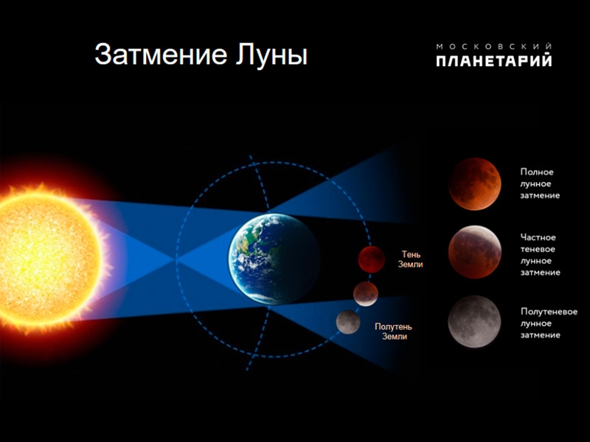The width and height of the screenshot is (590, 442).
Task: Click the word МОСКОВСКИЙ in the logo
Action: pyautogui.click(x=493, y=46)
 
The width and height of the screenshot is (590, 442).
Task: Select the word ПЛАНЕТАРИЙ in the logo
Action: pyautogui.click(x=493, y=61)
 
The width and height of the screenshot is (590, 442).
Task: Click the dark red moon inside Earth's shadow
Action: pyautogui.click(x=371, y=259)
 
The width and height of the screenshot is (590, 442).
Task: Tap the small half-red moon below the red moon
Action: pyautogui.click(x=365, y=293)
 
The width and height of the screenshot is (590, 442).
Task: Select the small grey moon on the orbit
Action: pyautogui.click(x=348, y=321)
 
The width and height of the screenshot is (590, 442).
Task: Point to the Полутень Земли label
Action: pyautogui.click(x=394, y=331)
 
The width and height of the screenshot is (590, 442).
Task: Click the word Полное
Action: pyautogui.click(x=537, y=172)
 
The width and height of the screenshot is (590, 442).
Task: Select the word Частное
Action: pyautogui.click(x=538, y=237)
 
